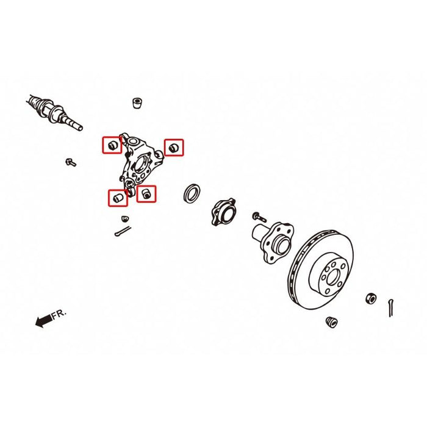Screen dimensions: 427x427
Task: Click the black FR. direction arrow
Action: click(43, 320)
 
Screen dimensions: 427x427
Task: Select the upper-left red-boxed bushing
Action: click(112, 146)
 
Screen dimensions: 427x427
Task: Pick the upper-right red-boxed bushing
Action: click(173, 148)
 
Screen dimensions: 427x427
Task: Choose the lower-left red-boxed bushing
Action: click(118, 198)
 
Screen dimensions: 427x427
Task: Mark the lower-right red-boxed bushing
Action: click(146, 194)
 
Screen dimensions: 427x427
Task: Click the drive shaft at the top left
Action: click(54, 112)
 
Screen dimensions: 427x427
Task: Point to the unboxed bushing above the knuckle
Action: click(137, 103)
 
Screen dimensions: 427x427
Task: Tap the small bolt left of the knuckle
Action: click(71, 162)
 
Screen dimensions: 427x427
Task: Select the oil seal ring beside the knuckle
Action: click(192, 193)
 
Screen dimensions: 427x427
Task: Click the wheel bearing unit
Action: click(223, 212)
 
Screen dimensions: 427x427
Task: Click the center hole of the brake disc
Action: click(332, 277)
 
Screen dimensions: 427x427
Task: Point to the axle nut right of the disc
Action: click(371, 298)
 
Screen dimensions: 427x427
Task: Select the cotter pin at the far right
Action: click(391, 308)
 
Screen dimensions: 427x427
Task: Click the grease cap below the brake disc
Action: click(332, 322)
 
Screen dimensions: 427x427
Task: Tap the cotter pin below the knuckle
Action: click(123, 232)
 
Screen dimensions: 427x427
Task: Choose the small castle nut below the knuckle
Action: click(125, 218)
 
